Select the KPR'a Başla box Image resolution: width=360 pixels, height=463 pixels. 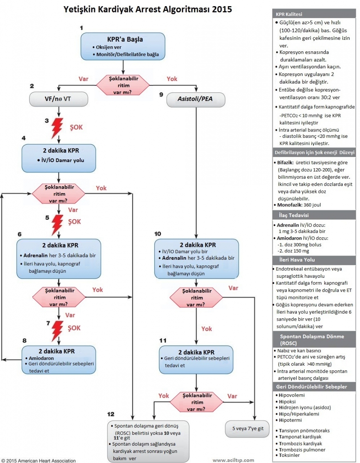pos(123,46)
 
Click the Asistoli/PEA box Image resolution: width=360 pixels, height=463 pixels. pos(195,99)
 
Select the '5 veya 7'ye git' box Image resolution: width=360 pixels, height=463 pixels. pos(247,429)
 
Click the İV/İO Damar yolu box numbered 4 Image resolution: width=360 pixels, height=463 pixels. pos(58,158)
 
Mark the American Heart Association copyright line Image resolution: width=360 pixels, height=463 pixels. pos(38,460)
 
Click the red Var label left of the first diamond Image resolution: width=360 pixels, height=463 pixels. pos(83,79)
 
